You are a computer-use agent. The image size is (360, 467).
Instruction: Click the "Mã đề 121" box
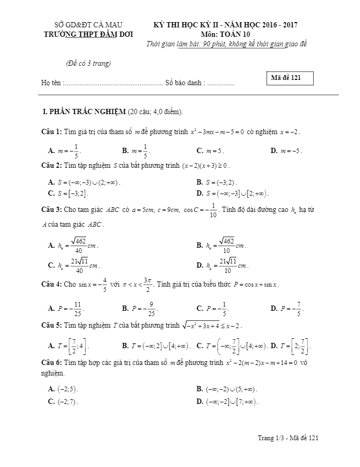tap(291, 78)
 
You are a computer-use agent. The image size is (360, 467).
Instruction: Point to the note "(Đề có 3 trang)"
tap(88, 64)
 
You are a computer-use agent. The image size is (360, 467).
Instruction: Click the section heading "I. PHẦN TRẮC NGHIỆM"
tap(84, 111)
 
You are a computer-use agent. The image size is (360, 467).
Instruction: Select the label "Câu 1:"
tap(52, 131)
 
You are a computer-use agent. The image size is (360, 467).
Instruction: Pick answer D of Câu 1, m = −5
tap(286, 150)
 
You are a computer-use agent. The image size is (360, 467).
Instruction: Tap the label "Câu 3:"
tap(52, 209)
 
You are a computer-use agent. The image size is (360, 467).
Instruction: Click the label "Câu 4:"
tap(52, 285)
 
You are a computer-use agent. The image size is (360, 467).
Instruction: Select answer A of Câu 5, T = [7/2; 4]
tap(68, 346)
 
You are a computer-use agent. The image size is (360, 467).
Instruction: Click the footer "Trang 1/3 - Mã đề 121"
tap(288, 438)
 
